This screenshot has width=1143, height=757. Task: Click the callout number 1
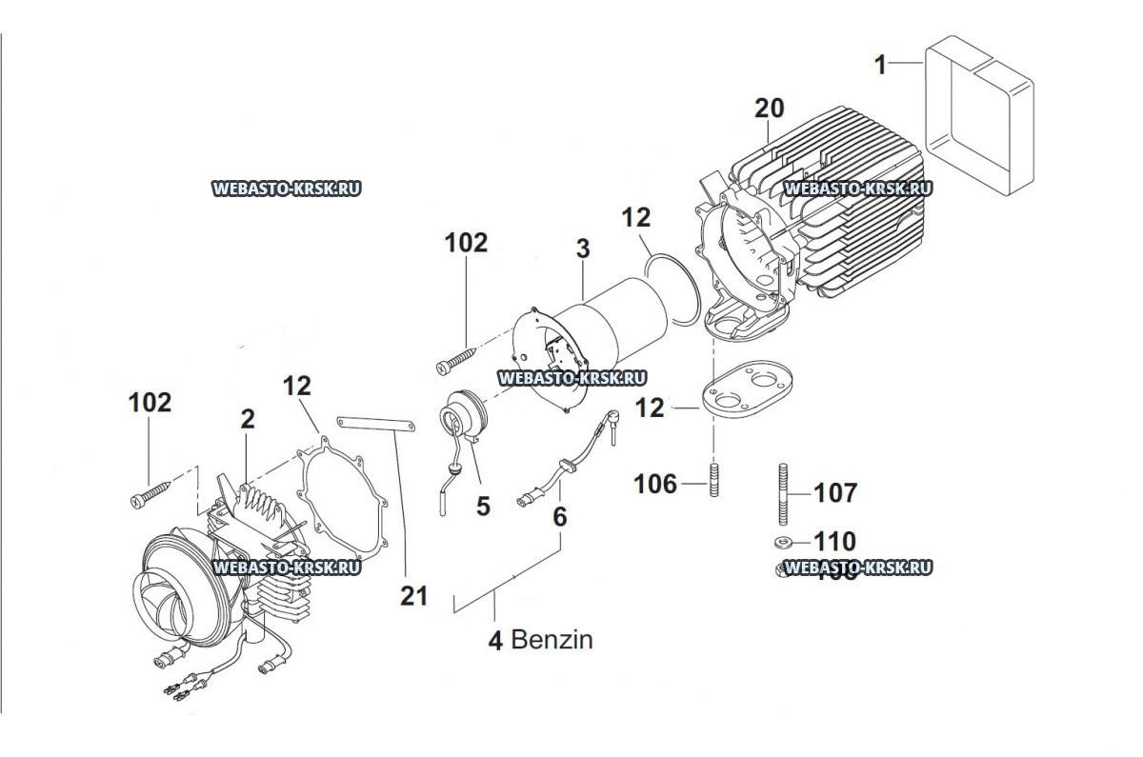[881, 65]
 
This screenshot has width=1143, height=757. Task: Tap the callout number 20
[770, 109]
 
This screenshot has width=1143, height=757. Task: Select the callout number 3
[582, 249]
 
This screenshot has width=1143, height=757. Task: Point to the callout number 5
[483, 506]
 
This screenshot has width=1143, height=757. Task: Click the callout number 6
[559, 517]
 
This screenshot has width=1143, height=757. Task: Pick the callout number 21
[413, 596]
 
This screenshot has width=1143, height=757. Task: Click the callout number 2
[248, 419]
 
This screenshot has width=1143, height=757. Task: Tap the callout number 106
[655, 484]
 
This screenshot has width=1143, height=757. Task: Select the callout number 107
[835, 492]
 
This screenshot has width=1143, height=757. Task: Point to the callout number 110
[835, 542]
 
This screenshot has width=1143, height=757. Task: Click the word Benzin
[552, 640]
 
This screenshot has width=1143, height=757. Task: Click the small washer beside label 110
[781, 543]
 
